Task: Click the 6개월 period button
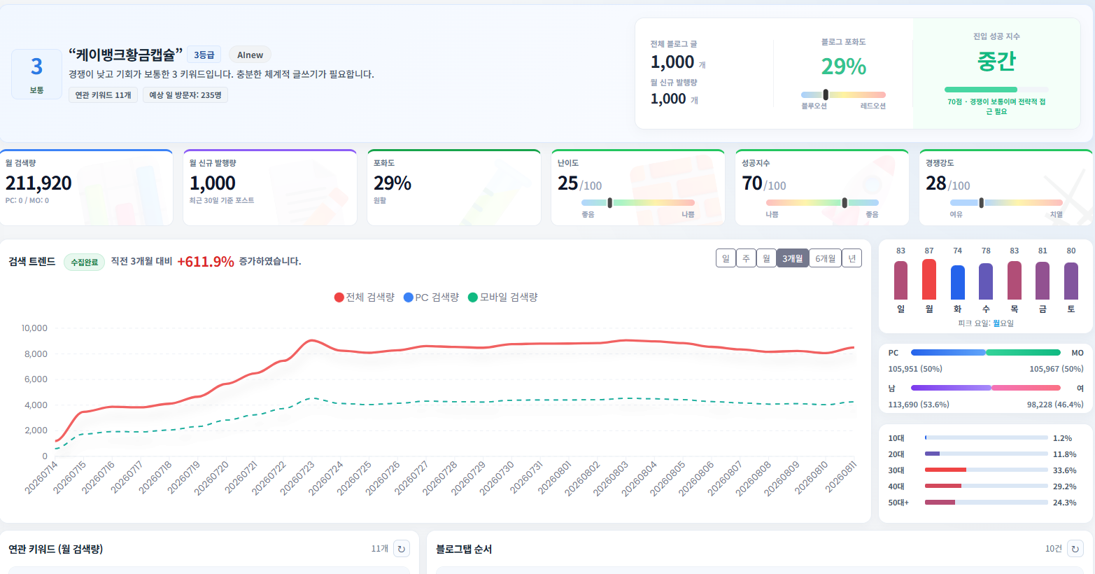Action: tap(825, 258)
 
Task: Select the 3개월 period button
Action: tap(793, 258)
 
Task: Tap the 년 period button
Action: tap(852, 258)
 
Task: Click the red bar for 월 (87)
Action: tap(928, 279)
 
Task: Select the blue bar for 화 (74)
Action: tap(958, 282)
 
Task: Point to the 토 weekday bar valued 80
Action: tap(1071, 281)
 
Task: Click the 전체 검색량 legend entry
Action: tap(365, 297)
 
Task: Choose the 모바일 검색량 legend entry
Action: tap(502, 297)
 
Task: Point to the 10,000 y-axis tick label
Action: tap(34, 328)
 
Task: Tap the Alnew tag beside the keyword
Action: tap(250, 55)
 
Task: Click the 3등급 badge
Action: tap(204, 55)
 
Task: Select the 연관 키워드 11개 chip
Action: tap(103, 95)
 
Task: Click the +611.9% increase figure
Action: tap(205, 262)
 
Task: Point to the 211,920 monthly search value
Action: tap(38, 183)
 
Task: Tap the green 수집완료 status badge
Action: tap(84, 262)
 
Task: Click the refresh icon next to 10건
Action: tap(1075, 549)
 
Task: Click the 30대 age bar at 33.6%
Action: tap(945, 470)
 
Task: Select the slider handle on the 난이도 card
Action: tap(610, 202)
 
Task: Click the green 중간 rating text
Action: tap(996, 62)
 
